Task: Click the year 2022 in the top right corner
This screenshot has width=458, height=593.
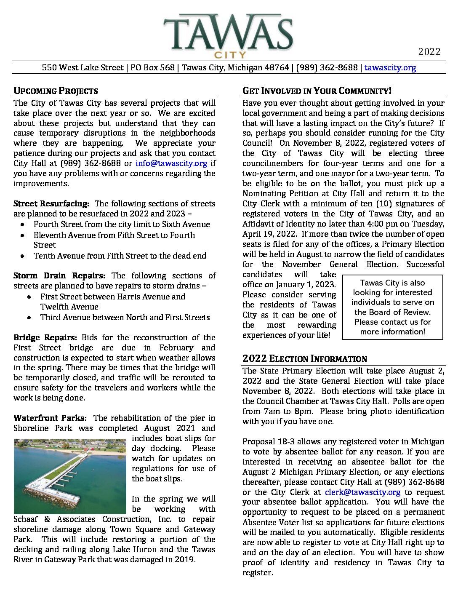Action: [x=429, y=52]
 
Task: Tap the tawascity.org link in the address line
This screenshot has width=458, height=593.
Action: [x=390, y=67]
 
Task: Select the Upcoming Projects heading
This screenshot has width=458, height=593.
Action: [x=56, y=91]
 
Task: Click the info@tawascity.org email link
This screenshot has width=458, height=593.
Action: [x=171, y=163]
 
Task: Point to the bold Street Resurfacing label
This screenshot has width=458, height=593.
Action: [x=51, y=204]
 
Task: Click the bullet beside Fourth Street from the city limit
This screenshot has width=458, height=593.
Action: [x=23, y=224]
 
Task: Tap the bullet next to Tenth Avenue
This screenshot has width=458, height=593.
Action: [x=23, y=256]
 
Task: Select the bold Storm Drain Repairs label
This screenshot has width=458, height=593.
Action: [x=59, y=276]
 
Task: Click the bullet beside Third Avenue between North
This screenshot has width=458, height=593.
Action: [x=29, y=318]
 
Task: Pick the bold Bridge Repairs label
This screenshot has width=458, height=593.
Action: [x=45, y=338]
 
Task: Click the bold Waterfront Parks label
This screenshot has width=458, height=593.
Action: [x=50, y=418]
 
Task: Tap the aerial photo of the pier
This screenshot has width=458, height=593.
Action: [x=70, y=476]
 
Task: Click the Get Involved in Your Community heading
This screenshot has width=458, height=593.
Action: [x=317, y=91]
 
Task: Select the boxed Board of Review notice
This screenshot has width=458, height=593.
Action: [x=393, y=307]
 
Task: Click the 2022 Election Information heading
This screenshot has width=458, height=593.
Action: [x=305, y=359]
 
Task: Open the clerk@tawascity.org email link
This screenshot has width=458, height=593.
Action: [x=362, y=492]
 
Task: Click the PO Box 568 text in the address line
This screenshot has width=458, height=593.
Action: [x=152, y=67]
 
